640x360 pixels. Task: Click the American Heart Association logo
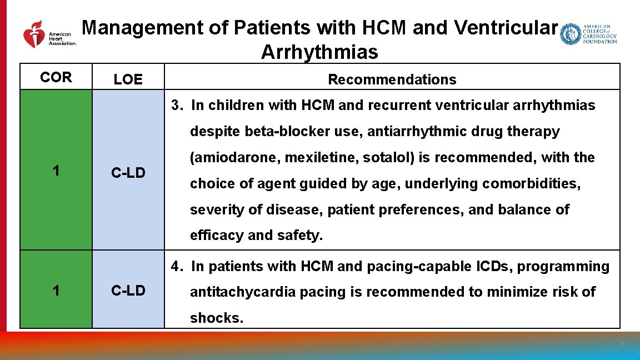(49, 34)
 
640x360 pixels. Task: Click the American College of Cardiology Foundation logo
(588, 34)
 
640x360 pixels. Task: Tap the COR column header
(56, 78)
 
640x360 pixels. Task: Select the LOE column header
(128, 79)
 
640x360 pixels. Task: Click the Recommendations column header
(392, 79)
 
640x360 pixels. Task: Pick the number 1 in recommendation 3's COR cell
(56, 171)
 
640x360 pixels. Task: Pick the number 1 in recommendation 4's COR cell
(56, 290)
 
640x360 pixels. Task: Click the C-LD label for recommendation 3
(128, 173)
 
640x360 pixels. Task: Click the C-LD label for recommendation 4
(128, 290)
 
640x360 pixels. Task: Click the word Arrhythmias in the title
(319, 52)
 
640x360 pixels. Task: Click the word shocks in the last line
(216, 318)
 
